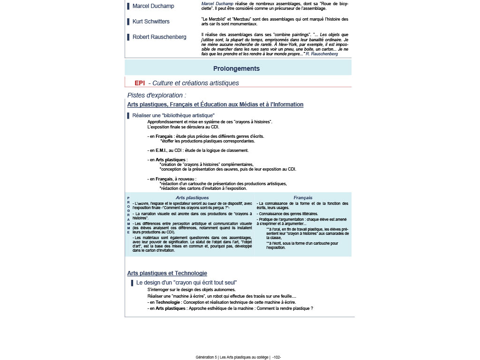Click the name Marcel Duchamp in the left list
(153, 6)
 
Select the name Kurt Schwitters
(151, 22)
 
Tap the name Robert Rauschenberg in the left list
(159, 37)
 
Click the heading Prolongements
(236, 68)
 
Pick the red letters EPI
(140, 83)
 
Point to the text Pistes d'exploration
(157, 95)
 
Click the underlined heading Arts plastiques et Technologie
(167, 273)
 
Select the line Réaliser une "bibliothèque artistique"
(173, 115)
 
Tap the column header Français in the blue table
(303, 198)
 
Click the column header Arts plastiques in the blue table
(192, 198)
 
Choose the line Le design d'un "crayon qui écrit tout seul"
(187, 283)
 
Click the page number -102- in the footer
(276, 357)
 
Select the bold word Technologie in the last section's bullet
(168, 302)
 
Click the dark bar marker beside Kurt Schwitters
(128, 22)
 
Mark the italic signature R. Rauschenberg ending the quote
(322, 54)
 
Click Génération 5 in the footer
(206, 357)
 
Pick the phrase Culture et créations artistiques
(195, 83)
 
